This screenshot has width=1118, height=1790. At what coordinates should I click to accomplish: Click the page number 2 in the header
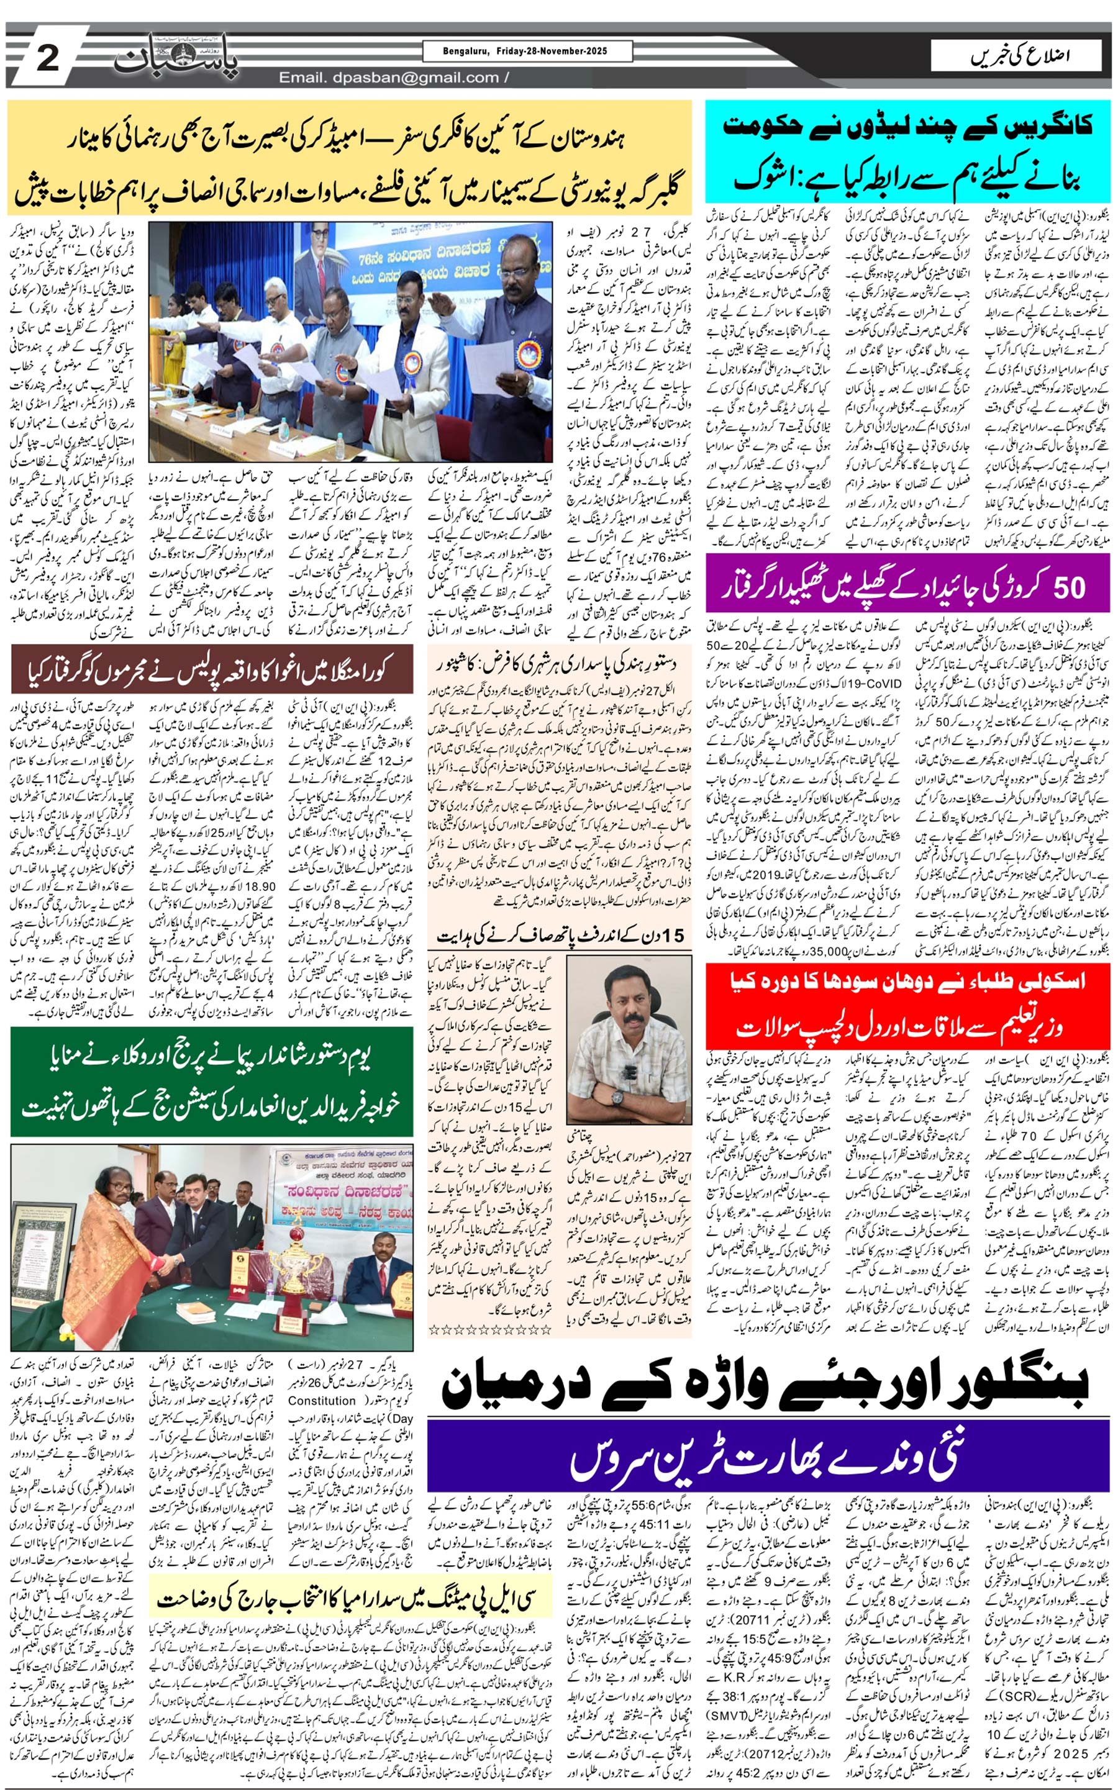(47, 58)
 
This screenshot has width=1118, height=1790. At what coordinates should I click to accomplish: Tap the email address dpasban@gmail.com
(389, 78)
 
